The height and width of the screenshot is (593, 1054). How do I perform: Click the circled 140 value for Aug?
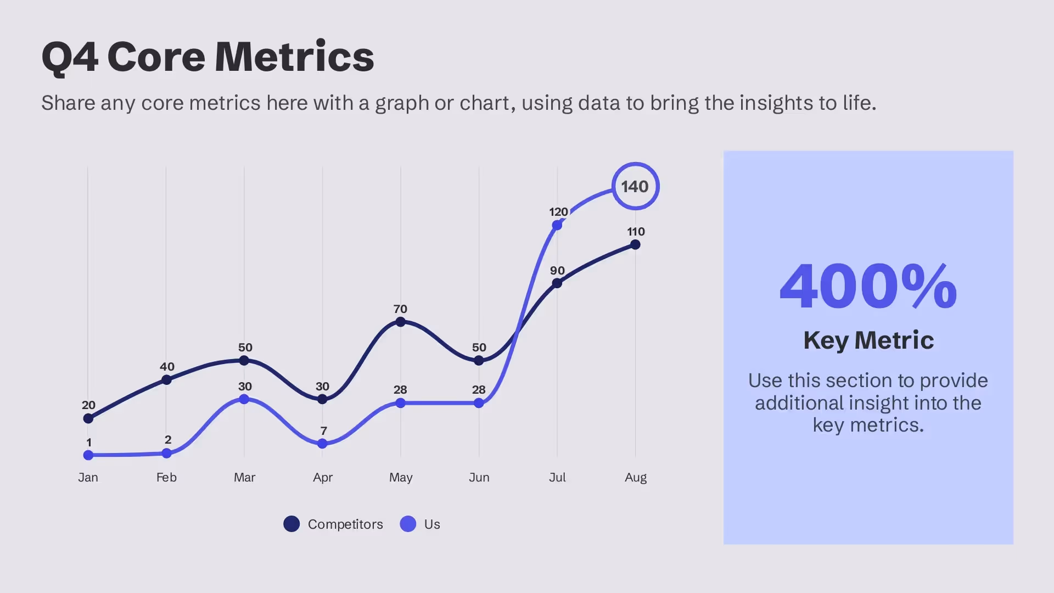pyautogui.click(x=635, y=187)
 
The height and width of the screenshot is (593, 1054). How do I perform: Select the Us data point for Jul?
pyautogui.click(x=557, y=225)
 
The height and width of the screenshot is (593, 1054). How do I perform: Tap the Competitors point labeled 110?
pyautogui.click(x=635, y=244)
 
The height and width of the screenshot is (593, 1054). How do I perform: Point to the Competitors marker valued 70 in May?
pyautogui.click(x=401, y=322)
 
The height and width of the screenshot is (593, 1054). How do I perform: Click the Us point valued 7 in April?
pyautogui.click(x=322, y=444)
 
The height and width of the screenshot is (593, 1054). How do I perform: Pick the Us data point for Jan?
pyautogui.click(x=88, y=455)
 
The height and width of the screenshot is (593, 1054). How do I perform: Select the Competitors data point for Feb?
pyautogui.click(x=166, y=379)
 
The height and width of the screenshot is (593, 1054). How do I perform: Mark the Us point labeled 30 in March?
pyautogui.click(x=244, y=399)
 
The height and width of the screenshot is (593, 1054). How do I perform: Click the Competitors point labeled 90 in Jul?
pyautogui.click(x=557, y=283)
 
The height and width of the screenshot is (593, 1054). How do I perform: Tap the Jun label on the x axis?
pyautogui.click(x=479, y=477)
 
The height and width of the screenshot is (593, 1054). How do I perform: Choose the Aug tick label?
pyautogui.click(x=636, y=477)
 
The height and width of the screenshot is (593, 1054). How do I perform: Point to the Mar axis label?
pyautogui.click(x=244, y=477)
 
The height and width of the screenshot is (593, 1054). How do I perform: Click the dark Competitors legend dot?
pyautogui.click(x=291, y=524)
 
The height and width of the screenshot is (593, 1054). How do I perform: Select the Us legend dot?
pyautogui.click(x=408, y=524)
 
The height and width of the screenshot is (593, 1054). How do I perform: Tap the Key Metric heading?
pyautogui.click(x=868, y=340)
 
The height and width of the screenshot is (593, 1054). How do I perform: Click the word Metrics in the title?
pyautogui.click(x=294, y=57)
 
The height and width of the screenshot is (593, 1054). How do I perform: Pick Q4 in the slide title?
pyautogui.click(x=70, y=58)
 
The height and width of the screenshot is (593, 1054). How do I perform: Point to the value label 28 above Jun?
pyautogui.click(x=479, y=390)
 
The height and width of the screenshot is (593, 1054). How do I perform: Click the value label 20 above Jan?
pyautogui.click(x=88, y=405)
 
